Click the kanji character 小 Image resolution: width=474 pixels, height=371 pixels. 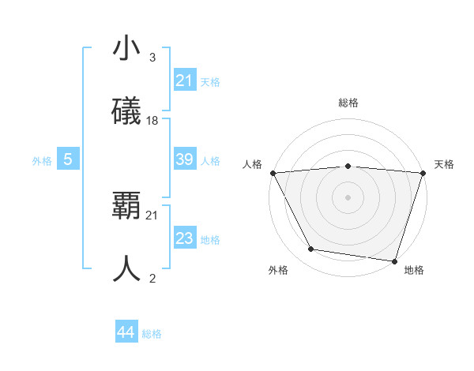click(x=127, y=49)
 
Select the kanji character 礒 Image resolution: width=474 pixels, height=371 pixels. click(x=127, y=112)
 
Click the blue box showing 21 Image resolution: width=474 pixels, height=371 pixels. click(x=184, y=80)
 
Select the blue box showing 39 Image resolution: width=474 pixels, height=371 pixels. click(x=184, y=159)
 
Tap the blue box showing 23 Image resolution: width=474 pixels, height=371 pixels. click(x=184, y=238)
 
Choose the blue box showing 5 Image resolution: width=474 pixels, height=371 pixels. click(x=68, y=159)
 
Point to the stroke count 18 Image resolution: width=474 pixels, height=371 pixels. click(x=152, y=121)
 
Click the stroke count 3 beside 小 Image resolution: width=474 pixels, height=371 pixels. click(x=152, y=58)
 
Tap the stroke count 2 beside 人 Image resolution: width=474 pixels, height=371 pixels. click(x=152, y=279)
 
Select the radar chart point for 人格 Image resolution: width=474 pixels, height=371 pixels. click(x=273, y=173)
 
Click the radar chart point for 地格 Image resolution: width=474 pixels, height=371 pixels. click(x=394, y=260)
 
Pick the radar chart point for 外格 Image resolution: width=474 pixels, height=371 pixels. click(x=311, y=249)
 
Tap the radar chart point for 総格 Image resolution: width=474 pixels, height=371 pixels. click(x=348, y=166)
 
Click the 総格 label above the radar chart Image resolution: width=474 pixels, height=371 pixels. click(x=348, y=103)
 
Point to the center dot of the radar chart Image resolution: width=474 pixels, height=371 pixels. click(x=348, y=197)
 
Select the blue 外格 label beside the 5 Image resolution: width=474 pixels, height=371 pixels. click(x=42, y=160)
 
